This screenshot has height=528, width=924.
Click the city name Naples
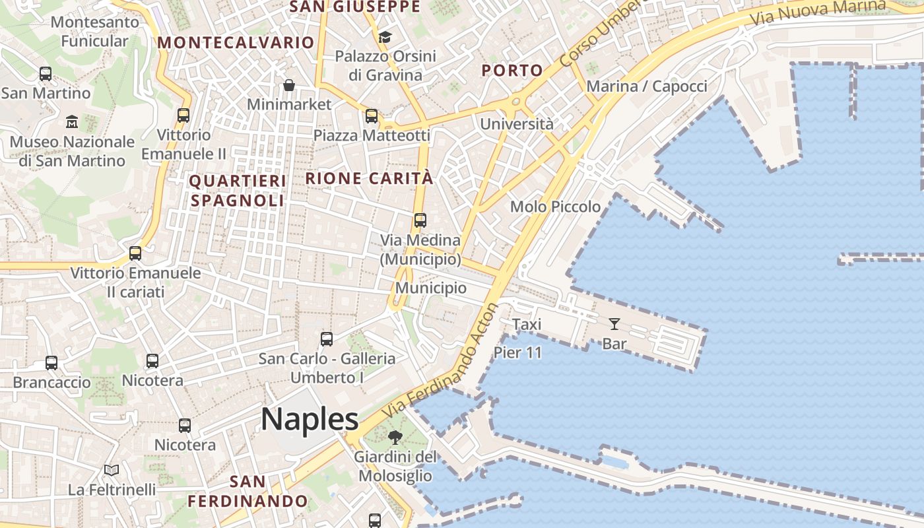(x=310, y=420)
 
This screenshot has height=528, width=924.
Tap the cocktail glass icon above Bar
(x=614, y=323)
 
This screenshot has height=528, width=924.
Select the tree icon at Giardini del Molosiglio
(x=395, y=437)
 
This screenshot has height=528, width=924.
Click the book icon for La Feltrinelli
(x=112, y=471)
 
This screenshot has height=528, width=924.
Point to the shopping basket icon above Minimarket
(x=289, y=85)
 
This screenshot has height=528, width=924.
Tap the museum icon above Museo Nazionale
(x=72, y=122)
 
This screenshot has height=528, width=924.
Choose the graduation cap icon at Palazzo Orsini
(x=385, y=37)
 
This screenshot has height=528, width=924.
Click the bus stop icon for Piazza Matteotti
(x=372, y=116)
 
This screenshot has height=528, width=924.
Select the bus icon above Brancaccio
(x=51, y=362)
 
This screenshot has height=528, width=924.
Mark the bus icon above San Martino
(x=46, y=74)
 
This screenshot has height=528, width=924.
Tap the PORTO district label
(x=512, y=71)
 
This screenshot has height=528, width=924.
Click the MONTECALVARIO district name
(x=236, y=43)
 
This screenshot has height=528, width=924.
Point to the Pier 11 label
(x=517, y=352)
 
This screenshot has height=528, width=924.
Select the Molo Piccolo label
(x=556, y=207)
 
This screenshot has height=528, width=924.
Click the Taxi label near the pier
(x=527, y=324)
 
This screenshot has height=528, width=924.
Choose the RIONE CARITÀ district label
(x=370, y=178)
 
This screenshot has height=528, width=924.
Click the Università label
(x=517, y=124)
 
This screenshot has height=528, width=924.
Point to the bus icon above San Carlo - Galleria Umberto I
(x=327, y=339)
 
